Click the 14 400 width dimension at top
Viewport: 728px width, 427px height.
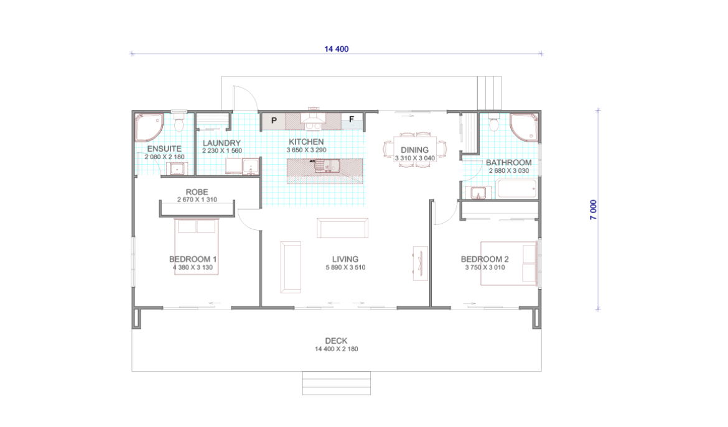(x=336, y=48)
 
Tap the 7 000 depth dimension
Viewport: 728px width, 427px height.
(x=594, y=209)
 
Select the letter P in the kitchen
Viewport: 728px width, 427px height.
(x=274, y=121)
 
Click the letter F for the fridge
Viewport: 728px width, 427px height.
(x=352, y=119)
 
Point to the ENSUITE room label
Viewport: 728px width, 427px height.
(x=164, y=149)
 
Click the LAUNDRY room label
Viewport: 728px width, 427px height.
(x=222, y=143)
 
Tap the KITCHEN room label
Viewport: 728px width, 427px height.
(x=306, y=142)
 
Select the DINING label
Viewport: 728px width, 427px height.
(x=414, y=150)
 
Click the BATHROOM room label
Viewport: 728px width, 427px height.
(x=509, y=162)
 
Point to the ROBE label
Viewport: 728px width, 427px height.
(x=197, y=191)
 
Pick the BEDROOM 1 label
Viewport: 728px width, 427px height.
(x=193, y=259)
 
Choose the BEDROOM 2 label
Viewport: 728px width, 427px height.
(x=485, y=259)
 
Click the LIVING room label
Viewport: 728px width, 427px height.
(x=345, y=259)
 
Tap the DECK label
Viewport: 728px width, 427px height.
(x=336, y=341)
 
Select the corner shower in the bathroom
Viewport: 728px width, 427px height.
(x=524, y=127)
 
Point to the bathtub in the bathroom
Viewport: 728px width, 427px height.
(x=516, y=189)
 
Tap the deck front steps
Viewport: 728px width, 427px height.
(x=337, y=383)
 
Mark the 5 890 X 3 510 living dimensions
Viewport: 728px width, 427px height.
(x=345, y=267)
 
